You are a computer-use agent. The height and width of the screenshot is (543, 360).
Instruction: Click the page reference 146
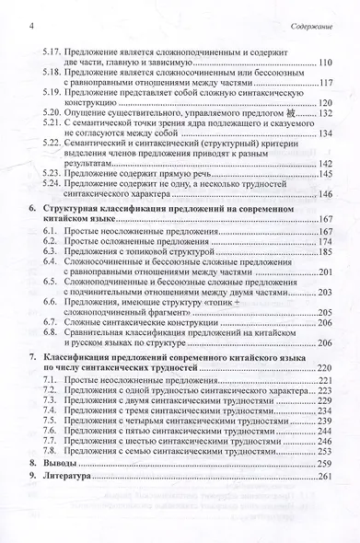tap(323, 194)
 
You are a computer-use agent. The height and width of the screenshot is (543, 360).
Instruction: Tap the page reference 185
tap(323, 251)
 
